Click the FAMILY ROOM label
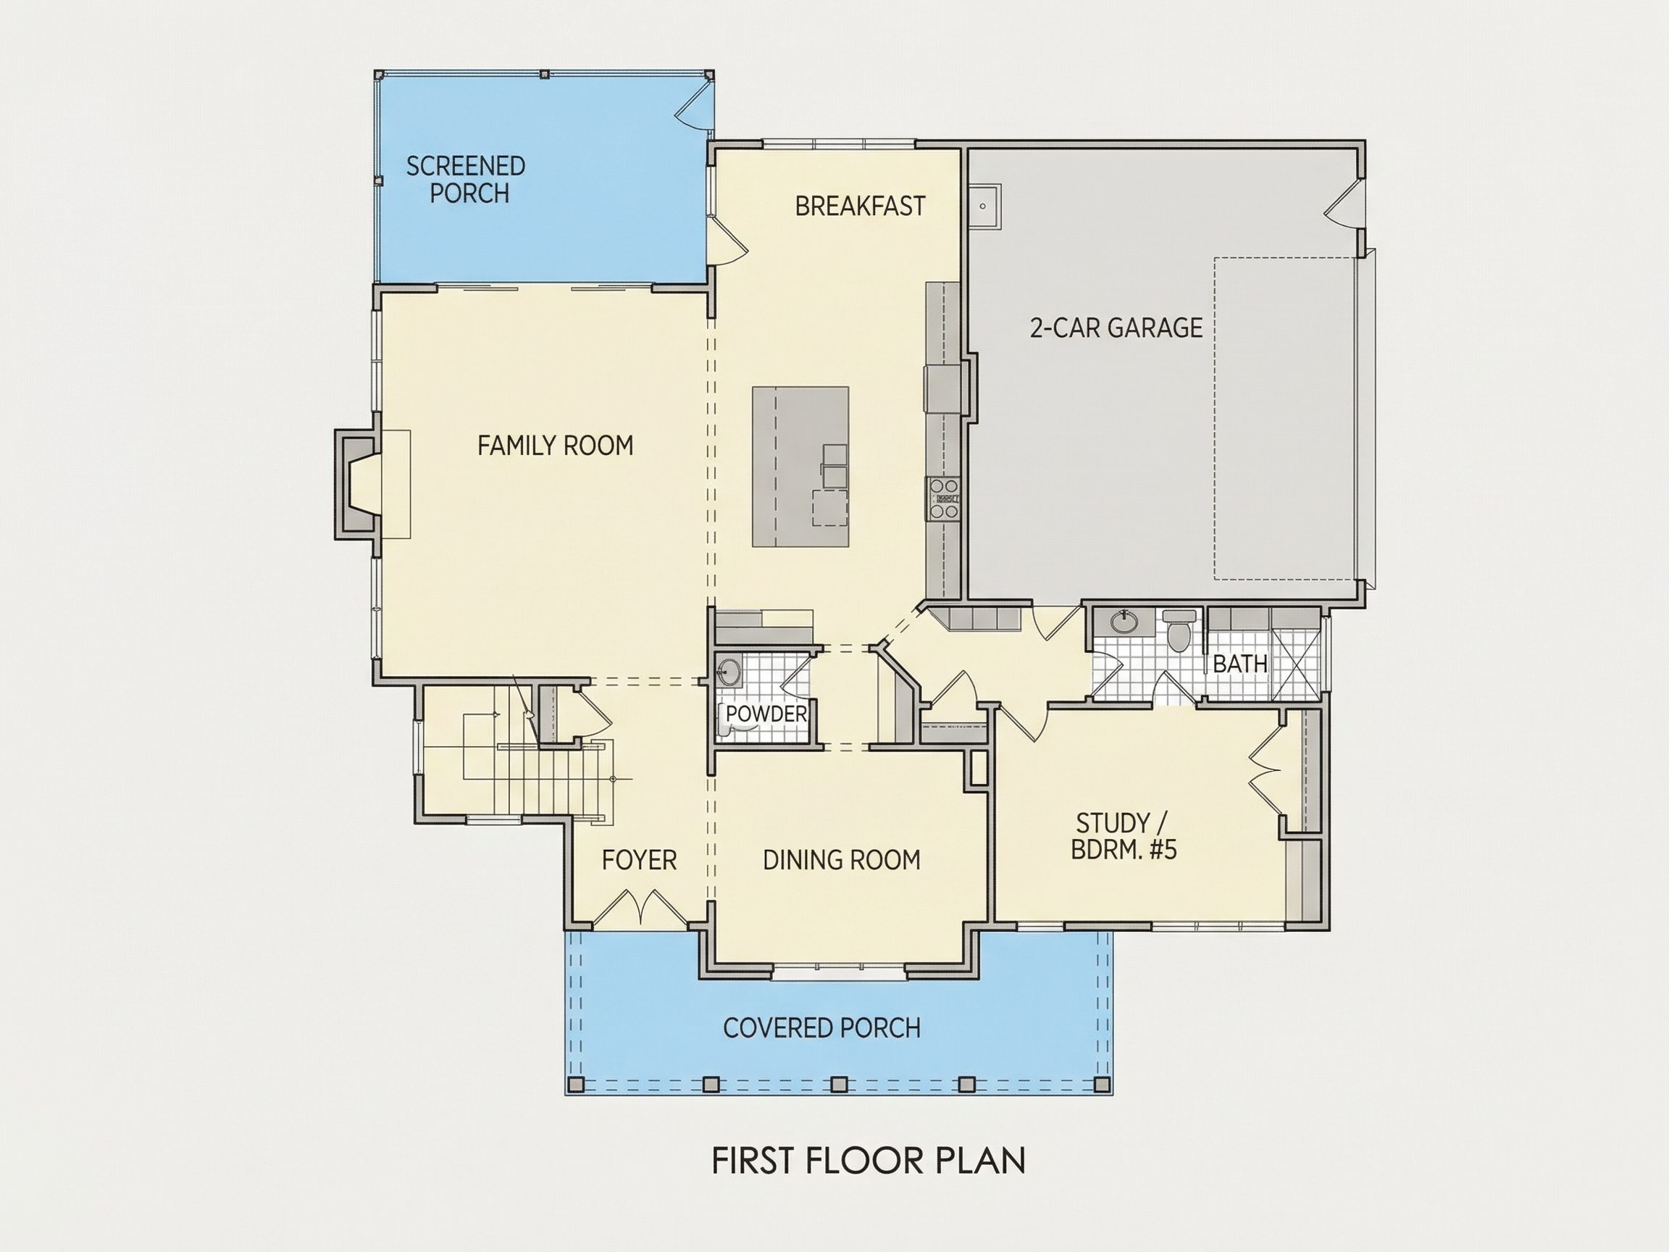(x=556, y=446)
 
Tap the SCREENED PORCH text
(x=467, y=180)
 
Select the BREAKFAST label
(x=860, y=206)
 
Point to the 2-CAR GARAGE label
(x=1116, y=327)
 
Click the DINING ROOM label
(x=841, y=860)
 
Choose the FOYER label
(x=639, y=860)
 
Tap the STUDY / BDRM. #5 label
(x=1124, y=836)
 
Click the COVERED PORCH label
(x=821, y=1028)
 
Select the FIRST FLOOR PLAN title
(x=869, y=1161)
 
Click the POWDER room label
(x=766, y=714)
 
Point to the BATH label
(x=1239, y=664)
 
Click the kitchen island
(x=800, y=467)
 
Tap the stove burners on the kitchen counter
(x=944, y=498)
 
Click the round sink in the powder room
(x=729, y=672)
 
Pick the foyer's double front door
(x=640, y=908)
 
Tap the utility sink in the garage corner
(x=984, y=206)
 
